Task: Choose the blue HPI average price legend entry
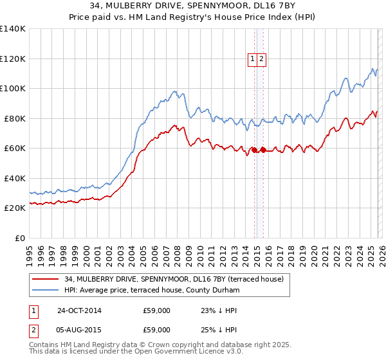point(152,291)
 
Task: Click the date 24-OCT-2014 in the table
point(79,310)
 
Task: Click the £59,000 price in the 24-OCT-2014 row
point(156,310)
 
